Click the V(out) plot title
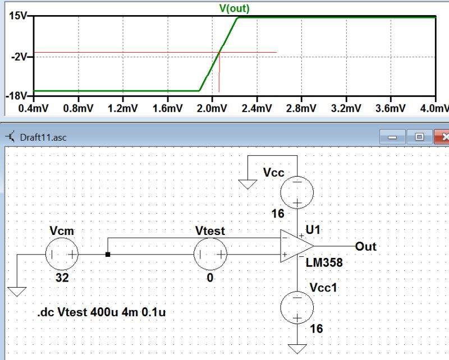[234, 8]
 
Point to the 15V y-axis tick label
[17, 16]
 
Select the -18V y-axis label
[16, 96]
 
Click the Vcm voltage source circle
[62, 254]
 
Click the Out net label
[366, 247]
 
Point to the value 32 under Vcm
[62, 278]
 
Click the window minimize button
[392, 137]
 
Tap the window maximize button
[419, 137]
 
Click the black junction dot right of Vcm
[108, 255]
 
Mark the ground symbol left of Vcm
[17, 290]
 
